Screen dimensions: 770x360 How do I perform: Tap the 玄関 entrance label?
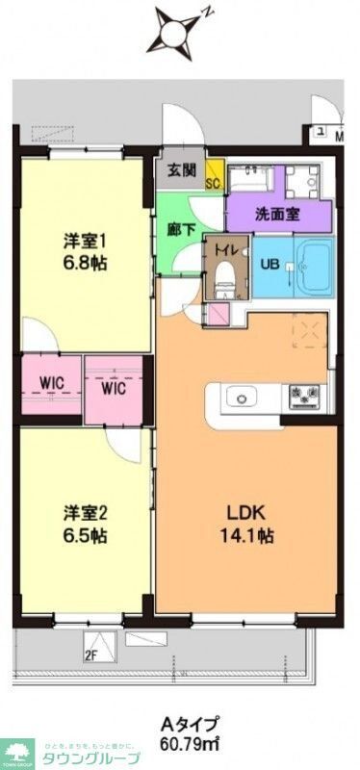point(182,170)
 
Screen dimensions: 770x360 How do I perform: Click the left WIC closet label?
point(51,382)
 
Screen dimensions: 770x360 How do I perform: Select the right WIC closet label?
point(114,391)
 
